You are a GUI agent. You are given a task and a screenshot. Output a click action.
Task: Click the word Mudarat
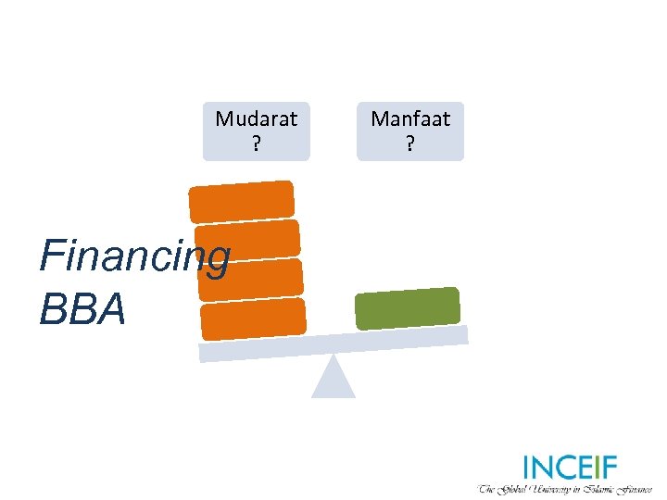coord(256,119)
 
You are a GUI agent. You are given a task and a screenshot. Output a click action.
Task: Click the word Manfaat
coord(410,119)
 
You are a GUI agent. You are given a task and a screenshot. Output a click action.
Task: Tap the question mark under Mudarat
coord(256,144)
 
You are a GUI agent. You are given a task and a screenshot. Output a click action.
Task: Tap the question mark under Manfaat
coord(410,144)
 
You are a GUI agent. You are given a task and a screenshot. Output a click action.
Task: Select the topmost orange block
coord(242,201)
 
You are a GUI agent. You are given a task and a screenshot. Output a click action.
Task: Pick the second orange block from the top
coord(247,240)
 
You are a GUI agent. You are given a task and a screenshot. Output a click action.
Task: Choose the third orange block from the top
coord(251,279)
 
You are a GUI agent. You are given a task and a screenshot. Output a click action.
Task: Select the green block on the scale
coord(408,308)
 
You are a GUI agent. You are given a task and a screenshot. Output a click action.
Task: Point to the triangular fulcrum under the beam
coord(333,379)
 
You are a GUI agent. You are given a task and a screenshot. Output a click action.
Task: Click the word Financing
coord(133,258)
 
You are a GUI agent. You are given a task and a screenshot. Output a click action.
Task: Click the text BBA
coord(82,309)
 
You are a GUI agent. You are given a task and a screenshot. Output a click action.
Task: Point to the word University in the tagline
coord(554,488)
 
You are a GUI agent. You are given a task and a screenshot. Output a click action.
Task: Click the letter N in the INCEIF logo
coord(545,468)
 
